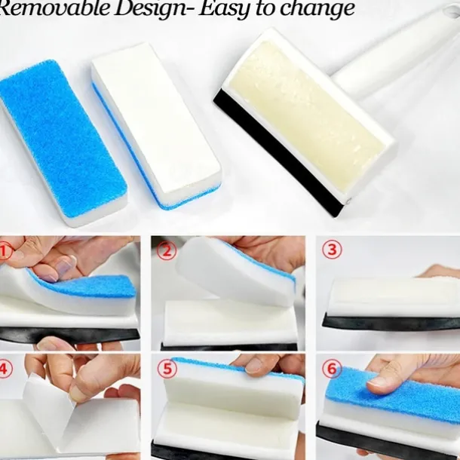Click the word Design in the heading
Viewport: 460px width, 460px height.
pos(150,8)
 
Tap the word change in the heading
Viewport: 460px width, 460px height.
pos(317,9)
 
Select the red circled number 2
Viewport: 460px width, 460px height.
pos(167,251)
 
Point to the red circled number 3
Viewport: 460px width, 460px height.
pos(332,250)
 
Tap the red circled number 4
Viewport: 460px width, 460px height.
pos(5,368)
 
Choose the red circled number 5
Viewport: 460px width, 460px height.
pos(167,368)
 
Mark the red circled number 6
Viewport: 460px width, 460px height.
pos(332,369)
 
